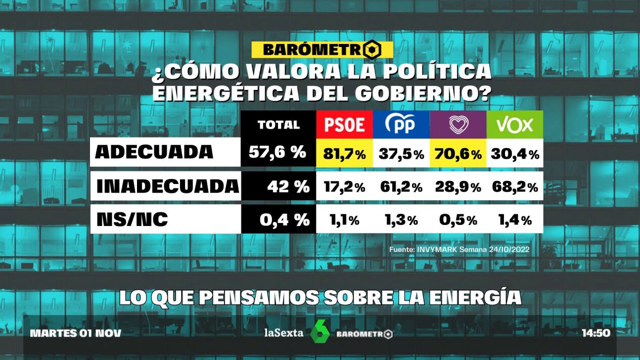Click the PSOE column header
344,124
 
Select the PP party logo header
401,124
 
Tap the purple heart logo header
458,124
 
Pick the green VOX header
515,124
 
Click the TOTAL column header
279,124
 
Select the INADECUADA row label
167,186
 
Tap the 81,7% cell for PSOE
344,153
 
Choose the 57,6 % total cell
279,153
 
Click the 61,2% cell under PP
401,187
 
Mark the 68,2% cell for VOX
515,187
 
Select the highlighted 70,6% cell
458,153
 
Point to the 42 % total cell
288,187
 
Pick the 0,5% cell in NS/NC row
458,220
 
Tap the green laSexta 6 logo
319,332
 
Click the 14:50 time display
596,333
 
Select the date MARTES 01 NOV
76,333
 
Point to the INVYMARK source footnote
459,249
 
